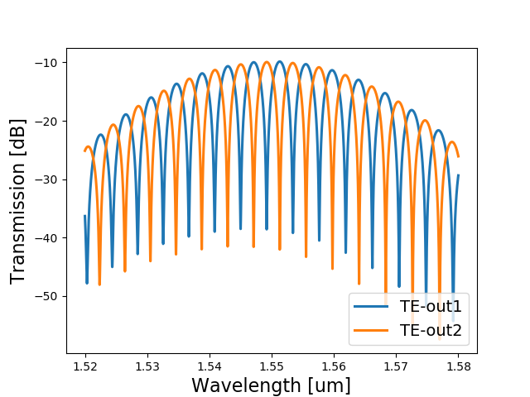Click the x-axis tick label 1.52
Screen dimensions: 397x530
tap(85, 365)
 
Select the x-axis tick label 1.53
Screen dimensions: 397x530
tap(147, 365)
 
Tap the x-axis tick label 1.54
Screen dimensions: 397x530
tap(210, 365)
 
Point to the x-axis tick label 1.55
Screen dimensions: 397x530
tap(272, 365)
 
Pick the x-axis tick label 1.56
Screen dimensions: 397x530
tap(334, 365)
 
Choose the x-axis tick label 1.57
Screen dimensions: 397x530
tap(396, 365)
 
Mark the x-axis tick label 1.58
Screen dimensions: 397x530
tap(458, 365)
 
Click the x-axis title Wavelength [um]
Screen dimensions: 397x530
tap(271, 385)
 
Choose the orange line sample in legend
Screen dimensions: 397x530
tap(372, 332)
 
